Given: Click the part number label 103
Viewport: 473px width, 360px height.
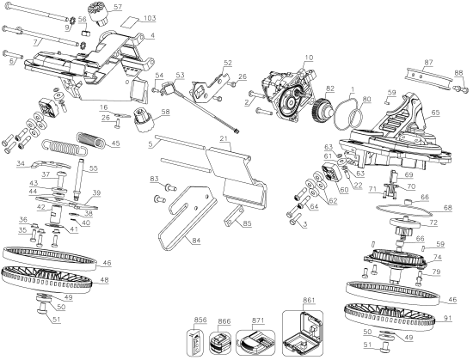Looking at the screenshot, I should click(149, 18).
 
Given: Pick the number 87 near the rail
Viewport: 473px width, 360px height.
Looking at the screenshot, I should click(428, 62).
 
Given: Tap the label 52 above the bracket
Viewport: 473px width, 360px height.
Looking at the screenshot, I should click(227, 63).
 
